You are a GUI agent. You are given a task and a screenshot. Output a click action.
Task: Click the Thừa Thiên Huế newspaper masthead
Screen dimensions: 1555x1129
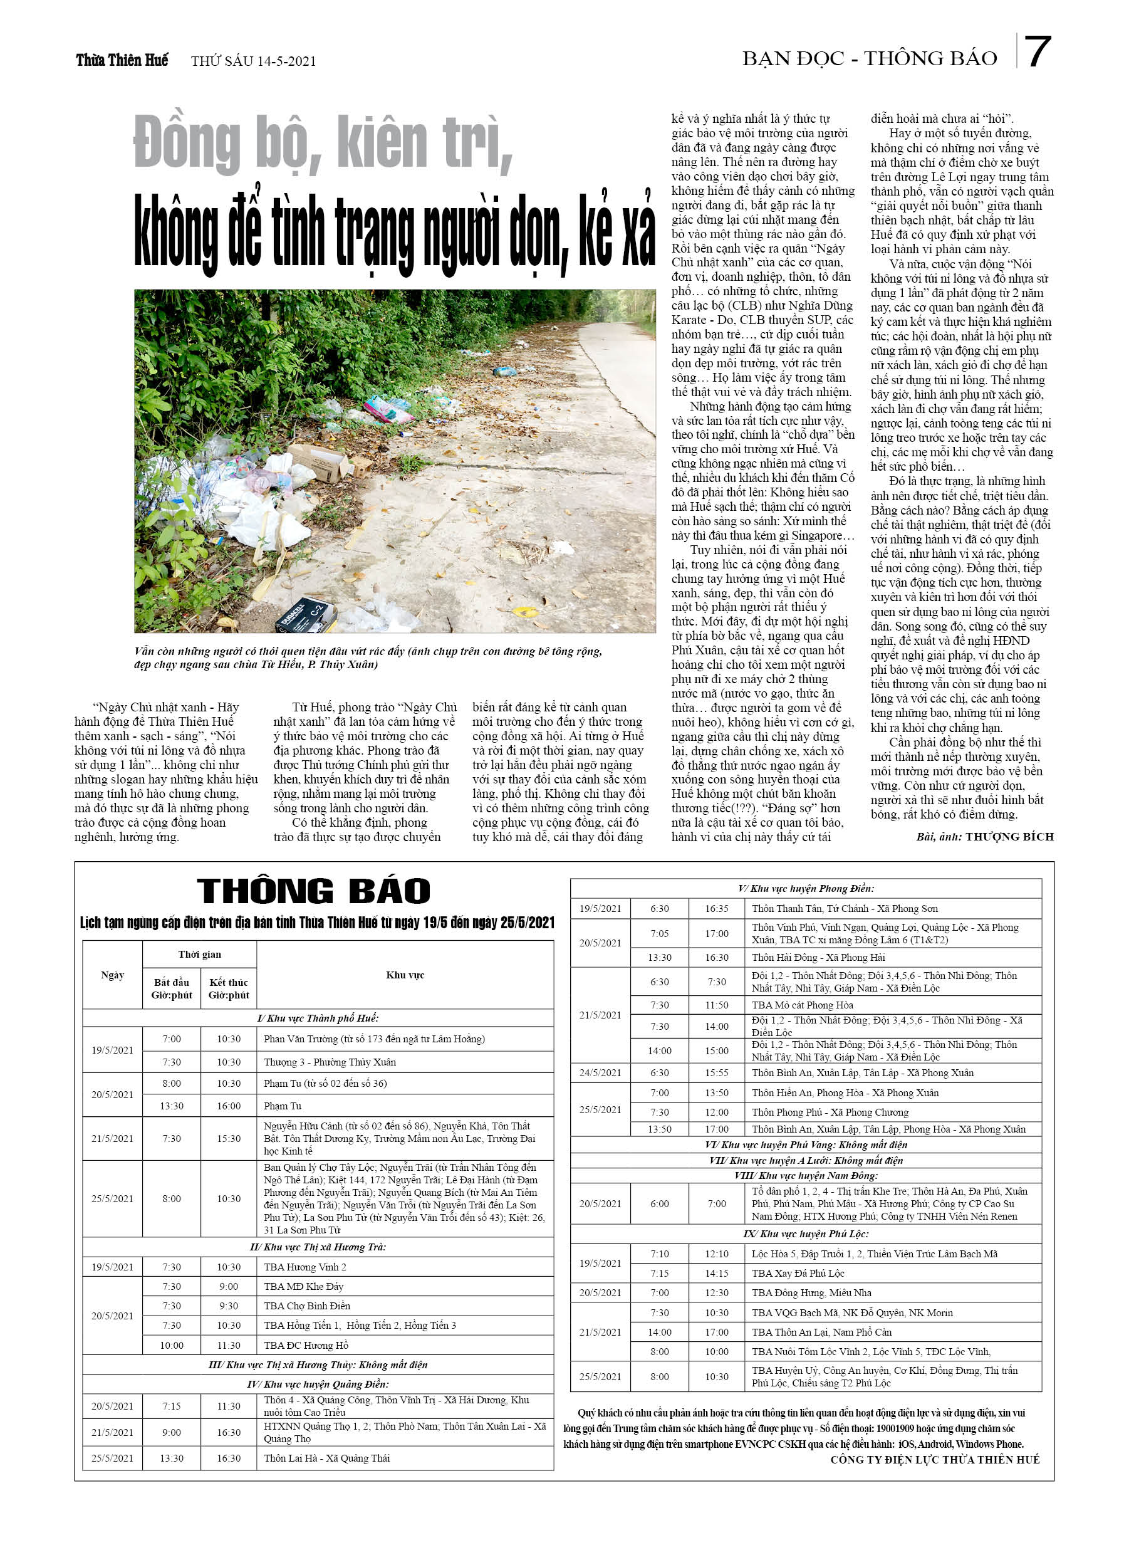tap(122, 60)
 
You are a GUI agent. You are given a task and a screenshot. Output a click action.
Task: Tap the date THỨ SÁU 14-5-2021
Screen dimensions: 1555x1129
tap(253, 61)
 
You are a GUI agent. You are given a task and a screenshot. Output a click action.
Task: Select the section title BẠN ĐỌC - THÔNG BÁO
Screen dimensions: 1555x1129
tap(869, 59)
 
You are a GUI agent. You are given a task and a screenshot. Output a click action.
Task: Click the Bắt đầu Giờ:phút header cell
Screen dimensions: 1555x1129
tap(172, 988)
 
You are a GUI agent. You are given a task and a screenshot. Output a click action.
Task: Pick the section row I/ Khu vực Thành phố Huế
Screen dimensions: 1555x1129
tap(318, 1017)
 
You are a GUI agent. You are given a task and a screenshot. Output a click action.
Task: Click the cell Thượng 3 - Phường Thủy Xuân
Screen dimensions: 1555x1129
tap(330, 1062)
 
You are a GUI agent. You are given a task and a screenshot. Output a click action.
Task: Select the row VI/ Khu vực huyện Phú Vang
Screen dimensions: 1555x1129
tap(806, 1144)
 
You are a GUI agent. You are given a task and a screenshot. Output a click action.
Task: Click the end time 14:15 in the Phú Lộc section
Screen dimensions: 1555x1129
tap(716, 1273)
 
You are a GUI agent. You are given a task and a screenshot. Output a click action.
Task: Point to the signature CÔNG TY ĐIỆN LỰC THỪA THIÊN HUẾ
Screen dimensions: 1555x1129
tap(934, 1459)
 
